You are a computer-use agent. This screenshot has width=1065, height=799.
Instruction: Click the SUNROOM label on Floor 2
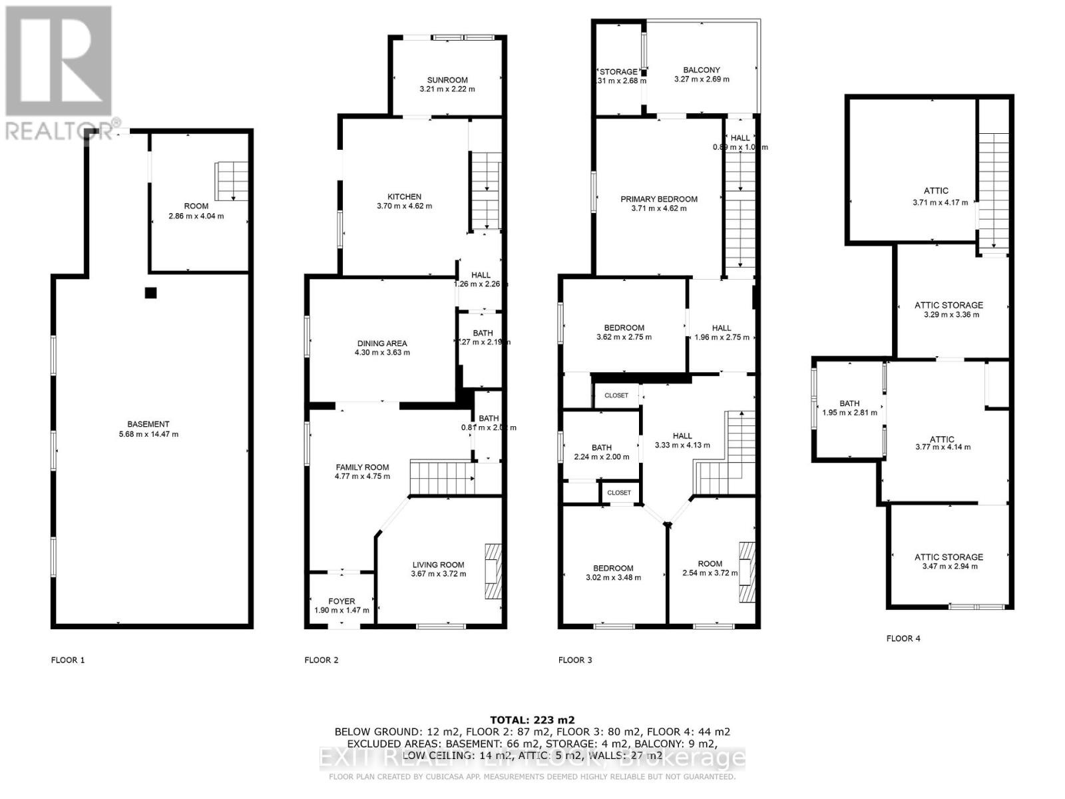tap(447, 80)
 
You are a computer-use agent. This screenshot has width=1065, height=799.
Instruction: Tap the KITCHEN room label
tap(405, 196)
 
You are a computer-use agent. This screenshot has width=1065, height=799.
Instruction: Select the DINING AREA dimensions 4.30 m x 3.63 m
tap(382, 353)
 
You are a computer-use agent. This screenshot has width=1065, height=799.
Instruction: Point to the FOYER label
tap(341, 601)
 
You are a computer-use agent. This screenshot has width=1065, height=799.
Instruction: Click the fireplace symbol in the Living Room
tap(493, 572)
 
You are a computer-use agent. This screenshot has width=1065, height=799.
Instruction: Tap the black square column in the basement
tap(151, 292)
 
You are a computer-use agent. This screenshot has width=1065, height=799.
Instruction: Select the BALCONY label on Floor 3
tap(702, 70)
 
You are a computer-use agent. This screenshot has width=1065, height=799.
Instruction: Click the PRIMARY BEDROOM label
tap(659, 199)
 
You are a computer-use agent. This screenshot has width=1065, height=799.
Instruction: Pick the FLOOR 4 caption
tap(903, 639)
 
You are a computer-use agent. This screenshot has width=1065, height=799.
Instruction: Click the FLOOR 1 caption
tap(68, 661)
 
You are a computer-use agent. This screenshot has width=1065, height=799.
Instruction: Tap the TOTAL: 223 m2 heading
tap(532, 720)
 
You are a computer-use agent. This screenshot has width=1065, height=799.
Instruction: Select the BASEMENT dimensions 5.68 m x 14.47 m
tap(148, 434)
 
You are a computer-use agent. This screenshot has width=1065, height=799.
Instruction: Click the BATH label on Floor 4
tap(849, 403)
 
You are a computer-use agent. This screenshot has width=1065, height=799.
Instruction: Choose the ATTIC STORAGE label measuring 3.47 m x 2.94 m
tap(949, 557)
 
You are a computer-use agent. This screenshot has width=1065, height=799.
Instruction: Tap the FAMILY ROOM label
tap(362, 467)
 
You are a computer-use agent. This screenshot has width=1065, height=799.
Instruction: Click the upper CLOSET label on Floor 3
tap(616, 396)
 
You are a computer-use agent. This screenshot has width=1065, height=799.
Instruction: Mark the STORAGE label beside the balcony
tap(619, 72)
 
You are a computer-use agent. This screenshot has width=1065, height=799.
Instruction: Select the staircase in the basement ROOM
tap(232, 180)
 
